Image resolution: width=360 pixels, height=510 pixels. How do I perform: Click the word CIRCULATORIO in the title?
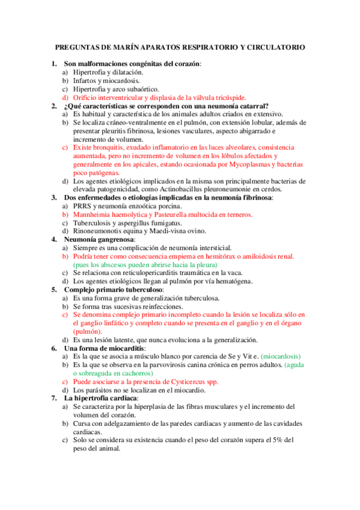click(x=276, y=47)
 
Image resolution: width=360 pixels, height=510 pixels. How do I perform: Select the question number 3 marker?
click(x=53, y=197)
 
